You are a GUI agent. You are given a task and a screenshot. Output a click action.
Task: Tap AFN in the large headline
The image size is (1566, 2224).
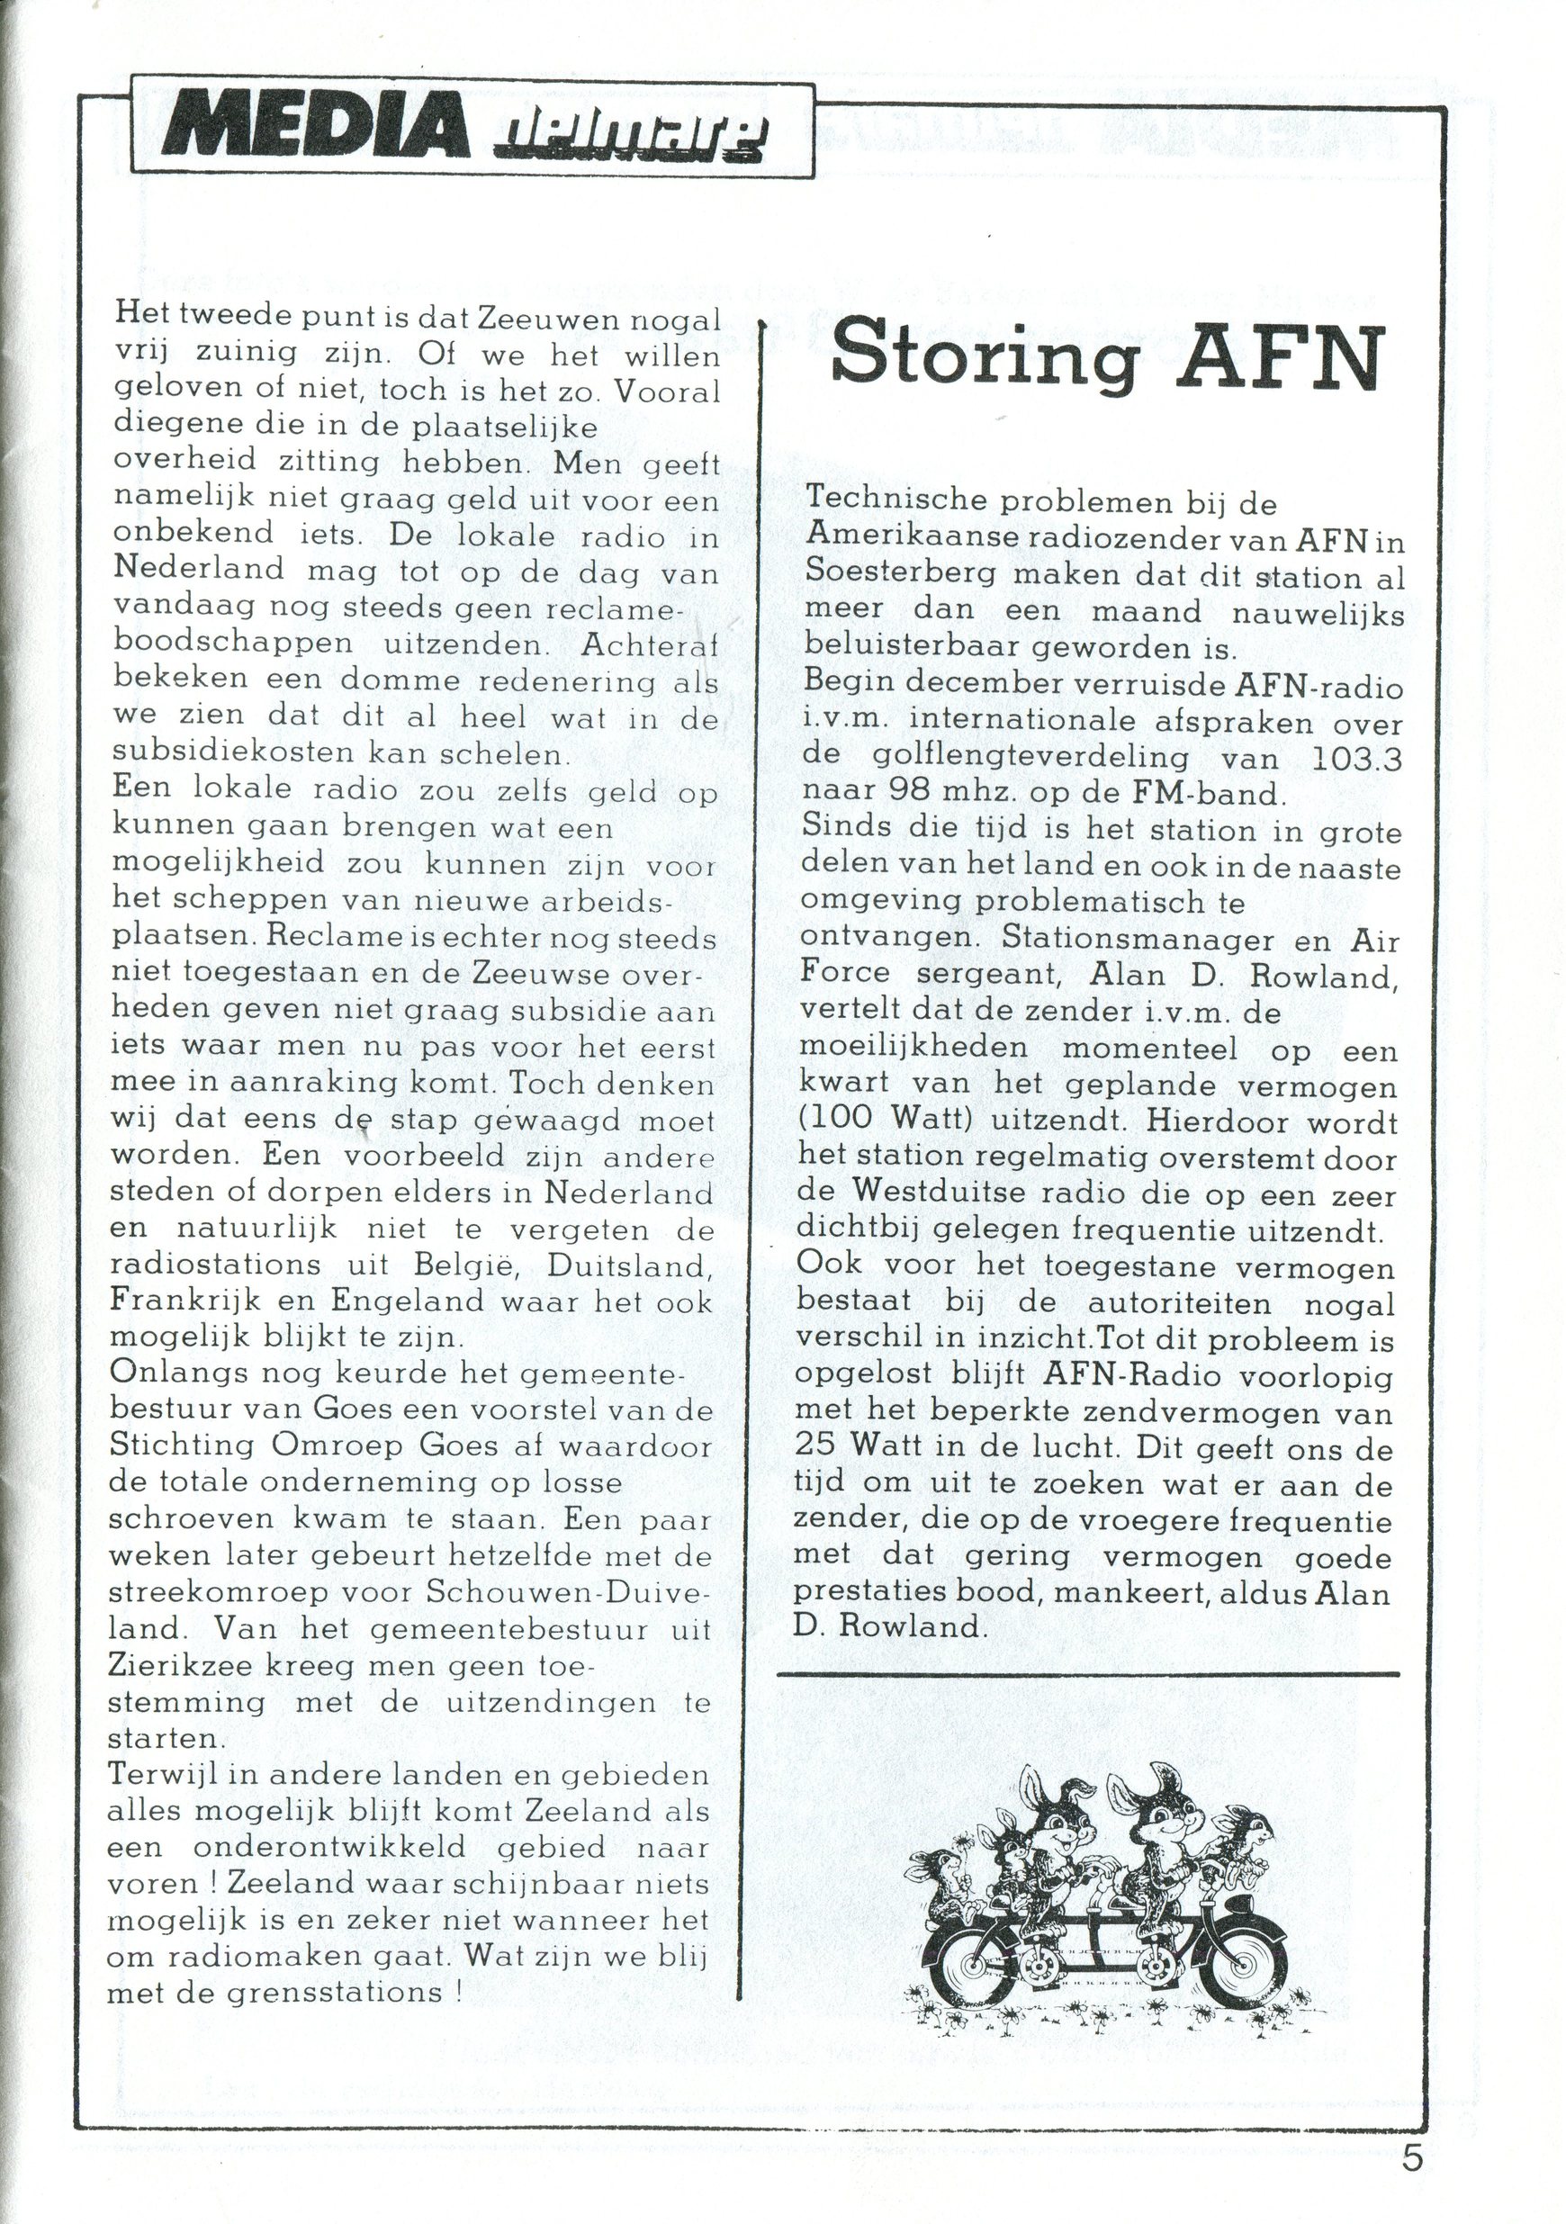point(1282,356)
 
